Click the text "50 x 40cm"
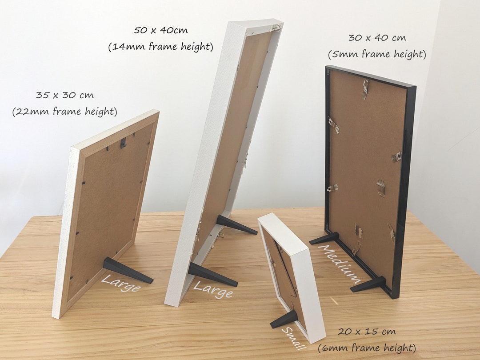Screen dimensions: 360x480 pyautogui.click(x=160, y=31)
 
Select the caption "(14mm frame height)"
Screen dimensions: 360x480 pyautogui.click(x=160, y=47)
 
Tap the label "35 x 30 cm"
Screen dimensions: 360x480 pyautogui.click(x=65, y=95)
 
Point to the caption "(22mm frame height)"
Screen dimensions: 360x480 pyautogui.click(x=65, y=112)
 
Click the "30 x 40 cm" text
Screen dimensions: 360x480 pyautogui.click(x=377, y=38)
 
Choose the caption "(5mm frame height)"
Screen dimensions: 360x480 pyautogui.click(x=377, y=55)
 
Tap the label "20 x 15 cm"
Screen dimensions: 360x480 pyautogui.click(x=367, y=332)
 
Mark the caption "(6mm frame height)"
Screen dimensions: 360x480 pyautogui.click(x=367, y=348)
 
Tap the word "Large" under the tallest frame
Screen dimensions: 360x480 pyautogui.click(x=212, y=290)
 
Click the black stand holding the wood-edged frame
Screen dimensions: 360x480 pyautogui.click(x=127, y=270)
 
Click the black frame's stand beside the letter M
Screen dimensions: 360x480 pyautogui.click(x=324, y=239)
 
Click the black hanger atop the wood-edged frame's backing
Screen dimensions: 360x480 pyautogui.click(x=124, y=143)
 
